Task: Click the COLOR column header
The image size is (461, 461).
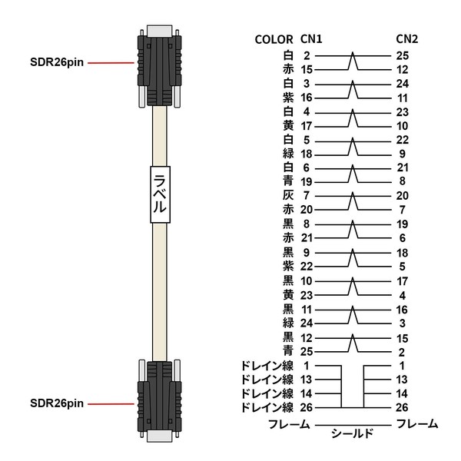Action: pyautogui.click(x=274, y=39)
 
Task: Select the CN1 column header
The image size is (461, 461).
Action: pyautogui.click(x=311, y=39)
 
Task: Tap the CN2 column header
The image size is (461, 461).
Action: pyautogui.click(x=407, y=39)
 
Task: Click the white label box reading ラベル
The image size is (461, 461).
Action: pyautogui.click(x=161, y=194)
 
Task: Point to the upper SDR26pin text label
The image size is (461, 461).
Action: pyautogui.click(x=57, y=62)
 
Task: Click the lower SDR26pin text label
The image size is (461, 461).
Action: pyautogui.click(x=57, y=403)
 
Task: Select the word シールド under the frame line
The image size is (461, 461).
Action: pyautogui.click(x=352, y=433)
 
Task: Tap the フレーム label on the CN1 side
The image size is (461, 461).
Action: pyautogui.click(x=289, y=424)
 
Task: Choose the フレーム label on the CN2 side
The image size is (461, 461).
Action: pyautogui.click(x=417, y=424)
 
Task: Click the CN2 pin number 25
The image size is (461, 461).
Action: pyautogui.click(x=402, y=55)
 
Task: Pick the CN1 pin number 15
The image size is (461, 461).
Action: pyautogui.click(x=307, y=70)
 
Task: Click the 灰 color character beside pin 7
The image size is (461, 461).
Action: pyautogui.click(x=288, y=195)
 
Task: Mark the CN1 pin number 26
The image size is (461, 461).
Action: pyautogui.click(x=307, y=407)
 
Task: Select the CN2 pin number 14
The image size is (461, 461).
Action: pyautogui.click(x=402, y=393)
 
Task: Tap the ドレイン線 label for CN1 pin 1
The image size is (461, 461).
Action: pyautogui.click(x=267, y=366)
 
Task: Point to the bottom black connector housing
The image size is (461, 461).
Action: pyautogui.click(x=160, y=400)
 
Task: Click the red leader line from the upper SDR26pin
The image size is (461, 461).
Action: pyautogui.click(x=111, y=63)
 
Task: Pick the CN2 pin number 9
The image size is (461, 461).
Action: pyautogui.click(x=402, y=154)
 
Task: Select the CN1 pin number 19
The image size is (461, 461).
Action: pyautogui.click(x=307, y=182)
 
